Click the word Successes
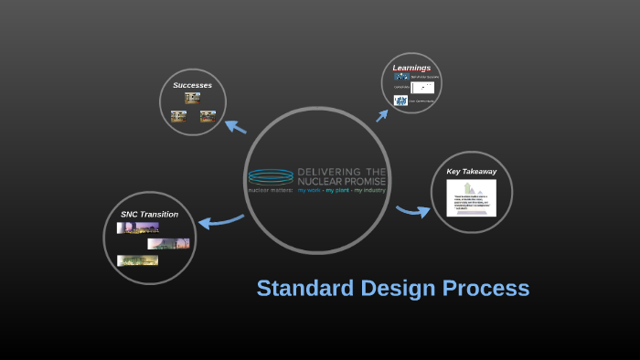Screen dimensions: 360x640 pos(192,85)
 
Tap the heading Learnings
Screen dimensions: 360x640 pos(411,68)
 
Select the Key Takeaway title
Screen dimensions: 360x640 pos(471,171)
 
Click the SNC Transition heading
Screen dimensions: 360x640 pos(149,214)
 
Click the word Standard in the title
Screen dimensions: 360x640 pos(302,289)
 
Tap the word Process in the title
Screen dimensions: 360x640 pos(486,289)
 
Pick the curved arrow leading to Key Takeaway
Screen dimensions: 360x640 pos(413,212)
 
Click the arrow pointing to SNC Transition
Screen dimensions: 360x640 pos(220,220)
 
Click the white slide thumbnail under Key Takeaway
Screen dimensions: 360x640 pos(471,198)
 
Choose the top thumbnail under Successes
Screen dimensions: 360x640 pos(192,98)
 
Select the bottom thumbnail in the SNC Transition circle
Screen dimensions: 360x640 pos(137,260)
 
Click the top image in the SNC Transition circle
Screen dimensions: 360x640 pos(137,228)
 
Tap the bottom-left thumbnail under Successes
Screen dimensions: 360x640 pos(178,116)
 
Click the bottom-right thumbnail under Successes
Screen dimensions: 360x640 pos(208,116)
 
